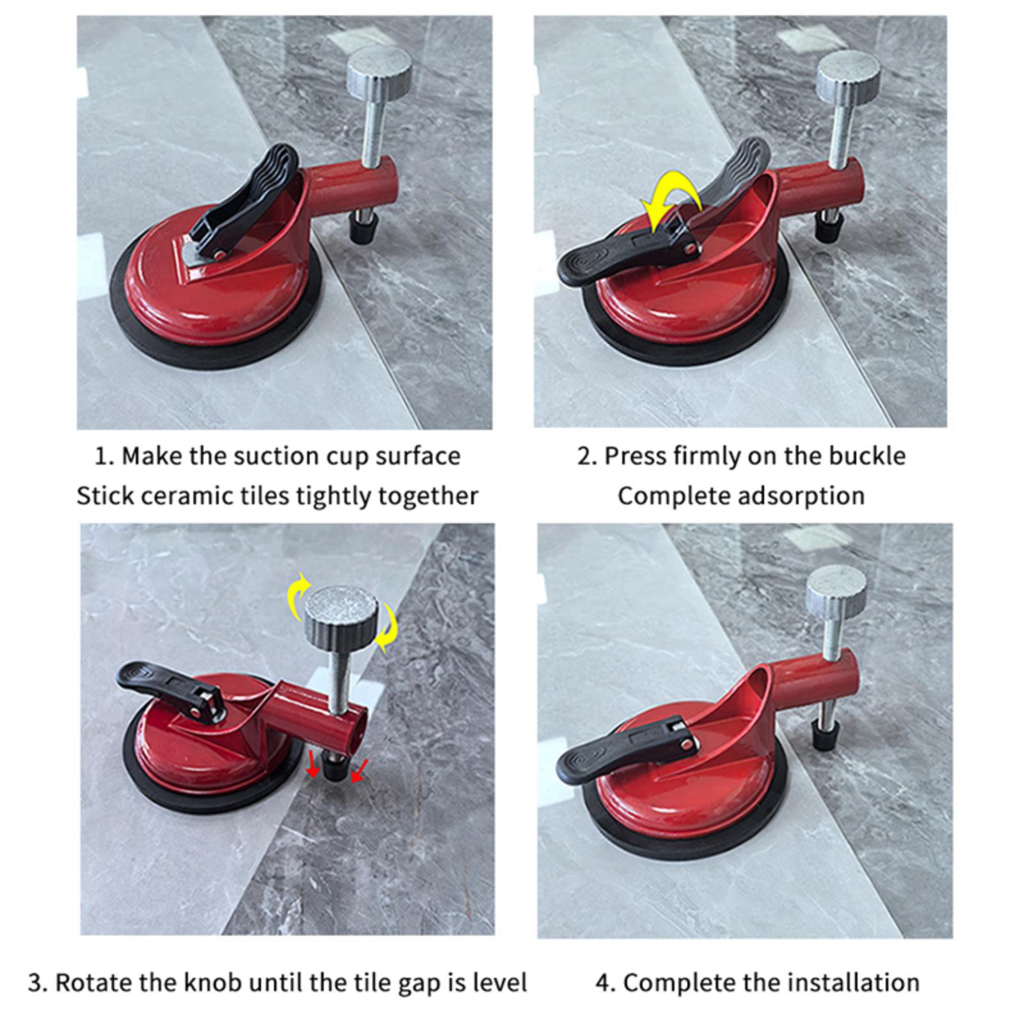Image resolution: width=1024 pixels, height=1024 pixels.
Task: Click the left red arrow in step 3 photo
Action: [x=312, y=764]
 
